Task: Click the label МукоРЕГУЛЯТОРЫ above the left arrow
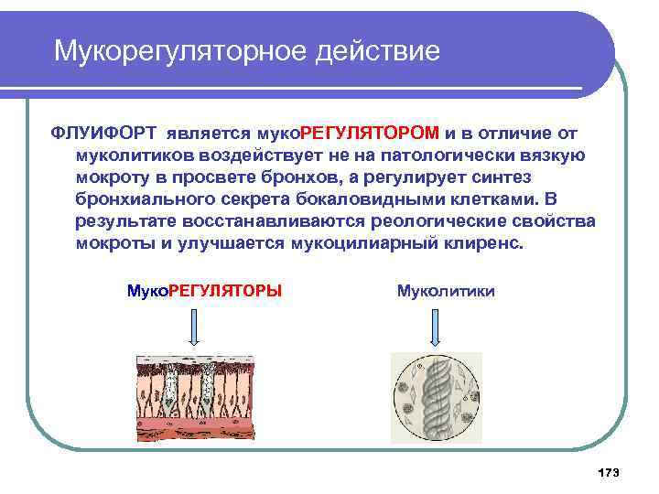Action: pyautogui.click(x=203, y=291)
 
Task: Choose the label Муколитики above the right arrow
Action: pyautogui.click(x=446, y=291)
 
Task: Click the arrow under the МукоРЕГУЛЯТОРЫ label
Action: pyautogui.click(x=193, y=324)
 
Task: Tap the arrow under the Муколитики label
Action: pyautogui.click(x=435, y=324)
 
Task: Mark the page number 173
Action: pyautogui.click(x=608, y=472)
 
